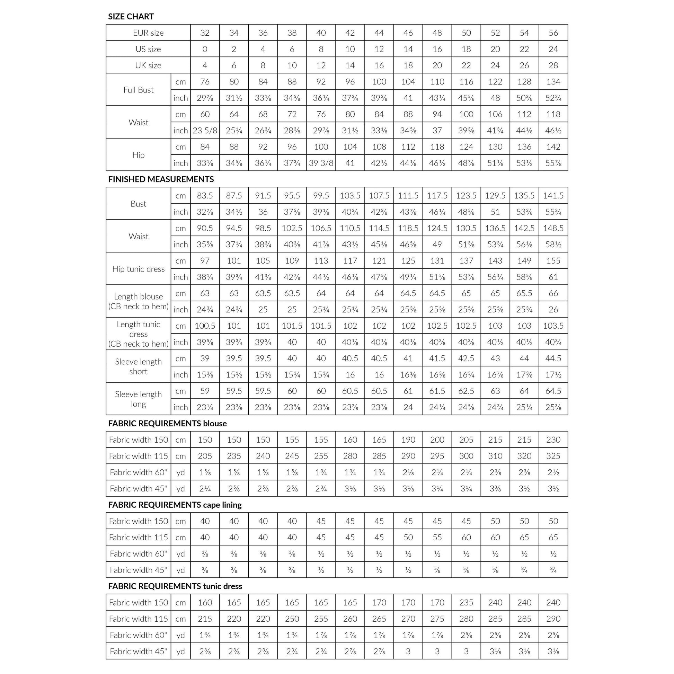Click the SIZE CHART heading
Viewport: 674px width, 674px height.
131,16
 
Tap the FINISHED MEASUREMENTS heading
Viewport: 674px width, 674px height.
161,179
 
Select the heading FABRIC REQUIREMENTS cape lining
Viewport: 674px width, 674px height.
175,505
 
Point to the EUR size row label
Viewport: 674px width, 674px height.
148,33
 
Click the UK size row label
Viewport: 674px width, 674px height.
148,65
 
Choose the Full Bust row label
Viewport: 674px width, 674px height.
139,90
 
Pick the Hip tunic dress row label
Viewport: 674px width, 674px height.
139,269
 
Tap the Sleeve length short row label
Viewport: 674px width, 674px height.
139,366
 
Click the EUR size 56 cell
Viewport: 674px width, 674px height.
553,33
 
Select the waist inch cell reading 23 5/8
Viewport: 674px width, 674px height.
205,131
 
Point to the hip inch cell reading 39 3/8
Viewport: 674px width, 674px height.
321,163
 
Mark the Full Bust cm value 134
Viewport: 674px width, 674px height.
553,82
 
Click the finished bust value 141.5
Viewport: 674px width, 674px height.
553,196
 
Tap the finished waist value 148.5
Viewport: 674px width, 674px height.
553,228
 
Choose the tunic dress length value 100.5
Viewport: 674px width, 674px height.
205,326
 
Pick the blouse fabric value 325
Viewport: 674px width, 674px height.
553,456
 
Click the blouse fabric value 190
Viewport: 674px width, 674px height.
408,440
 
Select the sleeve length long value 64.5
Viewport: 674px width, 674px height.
553,391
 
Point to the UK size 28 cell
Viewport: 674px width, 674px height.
553,65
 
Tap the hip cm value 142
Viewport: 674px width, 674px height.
553,147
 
